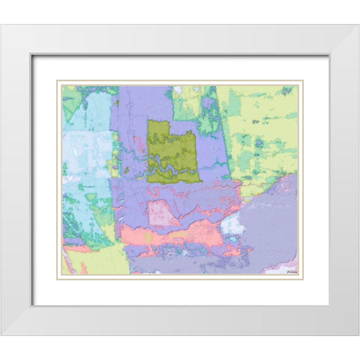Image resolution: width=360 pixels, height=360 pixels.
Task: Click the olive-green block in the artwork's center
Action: click(x=172, y=150)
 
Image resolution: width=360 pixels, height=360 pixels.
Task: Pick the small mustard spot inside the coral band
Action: click(x=150, y=238)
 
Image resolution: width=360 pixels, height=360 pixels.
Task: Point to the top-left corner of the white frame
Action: click(x=2, y=25)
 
